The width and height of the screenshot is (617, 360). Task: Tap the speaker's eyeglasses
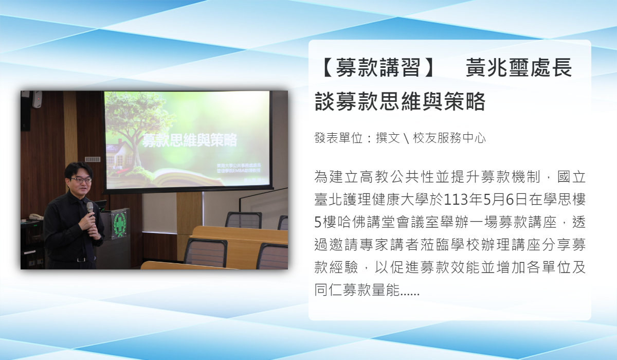coord(80,180)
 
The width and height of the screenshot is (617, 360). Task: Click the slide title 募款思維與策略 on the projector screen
coord(190,140)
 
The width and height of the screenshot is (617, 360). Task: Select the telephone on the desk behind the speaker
coord(36,217)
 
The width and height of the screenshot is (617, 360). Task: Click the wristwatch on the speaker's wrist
coord(100,236)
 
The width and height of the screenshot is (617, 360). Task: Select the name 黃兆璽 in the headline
coord(498,67)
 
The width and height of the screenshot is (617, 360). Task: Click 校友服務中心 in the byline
coord(449,138)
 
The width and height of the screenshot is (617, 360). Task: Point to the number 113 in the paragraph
coord(452,200)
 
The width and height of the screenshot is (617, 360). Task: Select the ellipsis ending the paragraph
coord(410,293)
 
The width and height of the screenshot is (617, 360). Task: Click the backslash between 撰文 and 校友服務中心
coord(407,138)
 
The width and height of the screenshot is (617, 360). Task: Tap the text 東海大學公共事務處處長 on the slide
coord(239,166)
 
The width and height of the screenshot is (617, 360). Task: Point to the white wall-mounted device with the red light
coord(38,99)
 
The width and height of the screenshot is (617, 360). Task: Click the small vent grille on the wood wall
coord(93,159)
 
